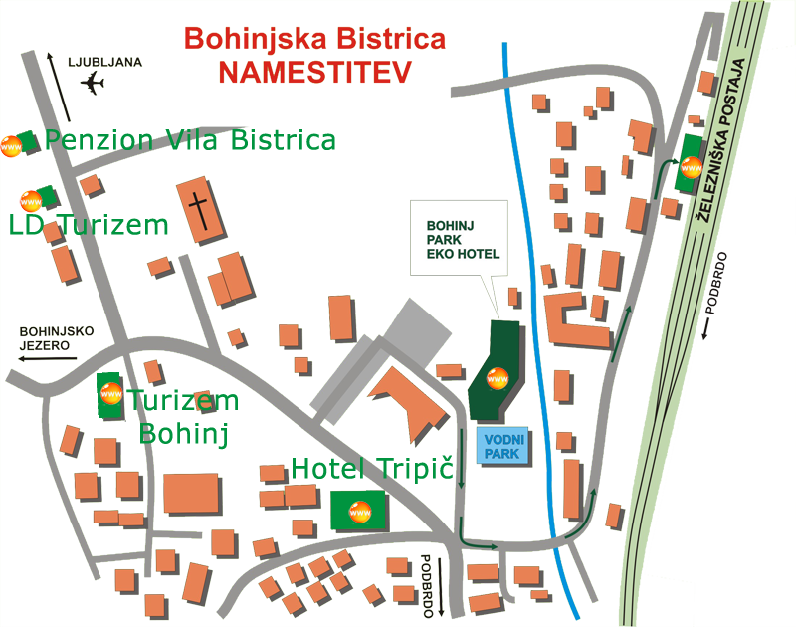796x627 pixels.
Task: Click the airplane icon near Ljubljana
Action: tap(93, 83)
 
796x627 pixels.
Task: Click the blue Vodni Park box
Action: tap(503, 446)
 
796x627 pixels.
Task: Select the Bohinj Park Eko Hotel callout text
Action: tap(463, 240)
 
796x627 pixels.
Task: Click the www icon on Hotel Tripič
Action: tap(360, 512)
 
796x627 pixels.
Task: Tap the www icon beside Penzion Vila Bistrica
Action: tap(11, 146)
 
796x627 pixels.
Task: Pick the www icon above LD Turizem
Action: tap(31, 201)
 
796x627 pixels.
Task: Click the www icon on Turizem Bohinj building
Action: tap(111, 393)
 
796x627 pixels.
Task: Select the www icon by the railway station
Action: tap(692, 167)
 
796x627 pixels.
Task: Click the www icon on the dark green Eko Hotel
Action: tap(497, 378)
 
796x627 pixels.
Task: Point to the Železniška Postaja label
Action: tap(720, 140)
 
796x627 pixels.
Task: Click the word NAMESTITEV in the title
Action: tap(314, 72)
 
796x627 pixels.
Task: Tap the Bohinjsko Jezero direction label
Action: tap(57, 338)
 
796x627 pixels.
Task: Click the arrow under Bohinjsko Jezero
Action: tap(47, 359)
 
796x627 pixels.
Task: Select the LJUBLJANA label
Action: tap(105, 62)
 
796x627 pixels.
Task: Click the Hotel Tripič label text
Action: tap(372, 468)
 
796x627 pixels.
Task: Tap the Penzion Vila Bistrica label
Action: tap(190, 140)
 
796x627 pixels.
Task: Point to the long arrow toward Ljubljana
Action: tap(59, 87)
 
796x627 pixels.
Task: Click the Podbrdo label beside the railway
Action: tap(716, 284)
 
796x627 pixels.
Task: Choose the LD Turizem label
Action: tap(89, 225)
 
